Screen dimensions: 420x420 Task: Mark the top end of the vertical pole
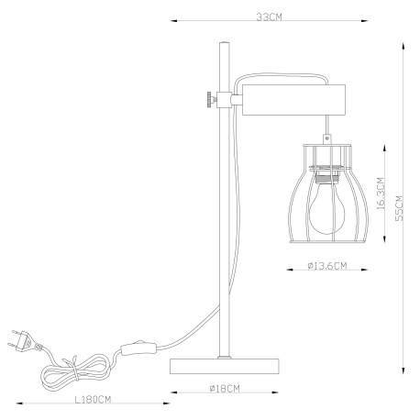coord(222,43)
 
